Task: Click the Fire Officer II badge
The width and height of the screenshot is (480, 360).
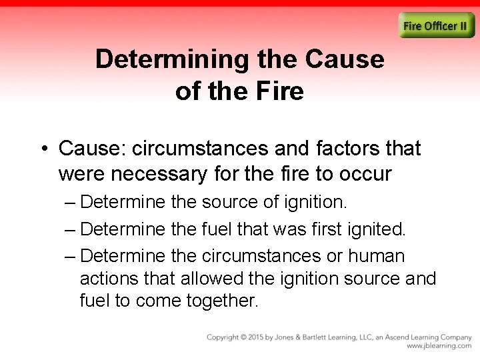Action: (x=437, y=26)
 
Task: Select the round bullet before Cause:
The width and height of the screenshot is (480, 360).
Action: (x=44, y=149)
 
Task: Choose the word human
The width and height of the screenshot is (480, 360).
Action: (x=377, y=257)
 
